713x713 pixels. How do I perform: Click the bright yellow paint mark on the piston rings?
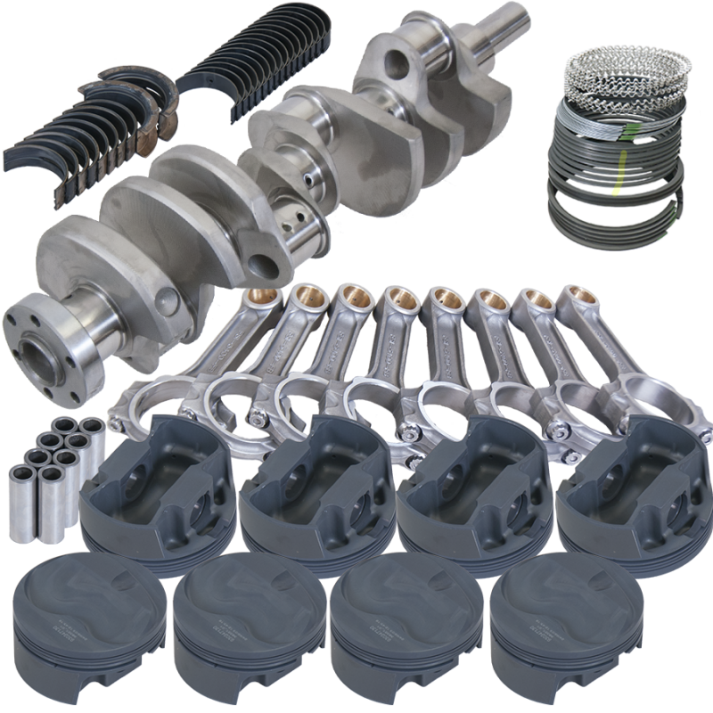[x=615, y=189]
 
